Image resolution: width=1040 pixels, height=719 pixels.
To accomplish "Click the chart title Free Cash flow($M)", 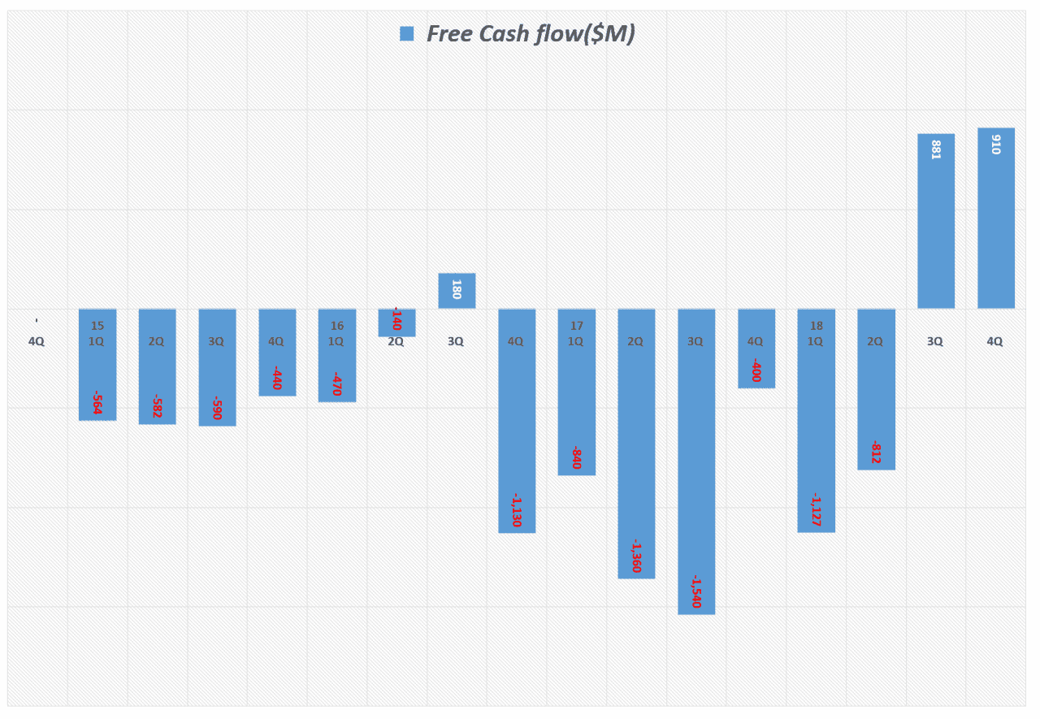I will pyautogui.click(x=530, y=33).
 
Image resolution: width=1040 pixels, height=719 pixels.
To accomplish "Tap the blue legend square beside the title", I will pyautogui.click(x=407, y=33).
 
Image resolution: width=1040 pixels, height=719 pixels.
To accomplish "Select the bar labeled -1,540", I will pyautogui.click(x=696, y=487).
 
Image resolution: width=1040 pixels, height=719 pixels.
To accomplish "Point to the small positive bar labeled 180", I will pyautogui.click(x=457, y=291).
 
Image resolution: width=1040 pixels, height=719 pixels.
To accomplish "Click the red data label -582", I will pyautogui.click(x=157, y=406).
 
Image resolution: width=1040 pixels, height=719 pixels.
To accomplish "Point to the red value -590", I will pyautogui.click(x=217, y=408).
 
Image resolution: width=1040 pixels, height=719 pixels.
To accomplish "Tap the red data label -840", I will pyautogui.click(x=576, y=457).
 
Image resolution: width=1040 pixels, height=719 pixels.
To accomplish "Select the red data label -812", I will pyautogui.click(x=876, y=453).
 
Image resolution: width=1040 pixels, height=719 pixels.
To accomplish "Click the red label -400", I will pyautogui.click(x=756, y=370).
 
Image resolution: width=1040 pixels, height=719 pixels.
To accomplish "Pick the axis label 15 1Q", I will pyautogui.click(x=97, y=334).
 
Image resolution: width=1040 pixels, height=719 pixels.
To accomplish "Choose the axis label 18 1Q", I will pyautogui.click(x=816, y=334).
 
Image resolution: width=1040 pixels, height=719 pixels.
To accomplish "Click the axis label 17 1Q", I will pyautogui.click(x=576, y=334).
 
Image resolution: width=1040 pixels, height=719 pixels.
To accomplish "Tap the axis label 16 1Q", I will pyautogui.click(x=336, y=334).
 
